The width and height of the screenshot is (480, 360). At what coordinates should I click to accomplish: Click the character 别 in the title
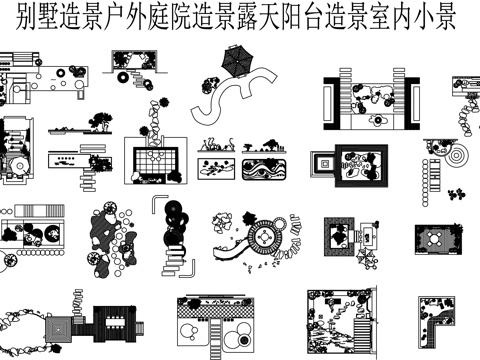26,17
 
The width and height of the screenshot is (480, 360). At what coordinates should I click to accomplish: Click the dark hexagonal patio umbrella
237,61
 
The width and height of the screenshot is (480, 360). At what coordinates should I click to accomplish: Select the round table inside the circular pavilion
265,237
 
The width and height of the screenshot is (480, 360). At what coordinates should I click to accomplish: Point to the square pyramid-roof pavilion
58,330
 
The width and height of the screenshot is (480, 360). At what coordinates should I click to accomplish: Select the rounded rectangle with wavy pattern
264,169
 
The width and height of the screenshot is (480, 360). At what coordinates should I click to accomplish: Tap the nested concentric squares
323,164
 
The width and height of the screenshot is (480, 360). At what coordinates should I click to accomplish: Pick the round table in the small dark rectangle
436,239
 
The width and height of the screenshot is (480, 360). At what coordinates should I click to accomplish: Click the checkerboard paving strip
216,312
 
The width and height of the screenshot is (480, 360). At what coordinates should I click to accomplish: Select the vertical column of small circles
425,183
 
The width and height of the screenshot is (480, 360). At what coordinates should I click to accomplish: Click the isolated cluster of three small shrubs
456,194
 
